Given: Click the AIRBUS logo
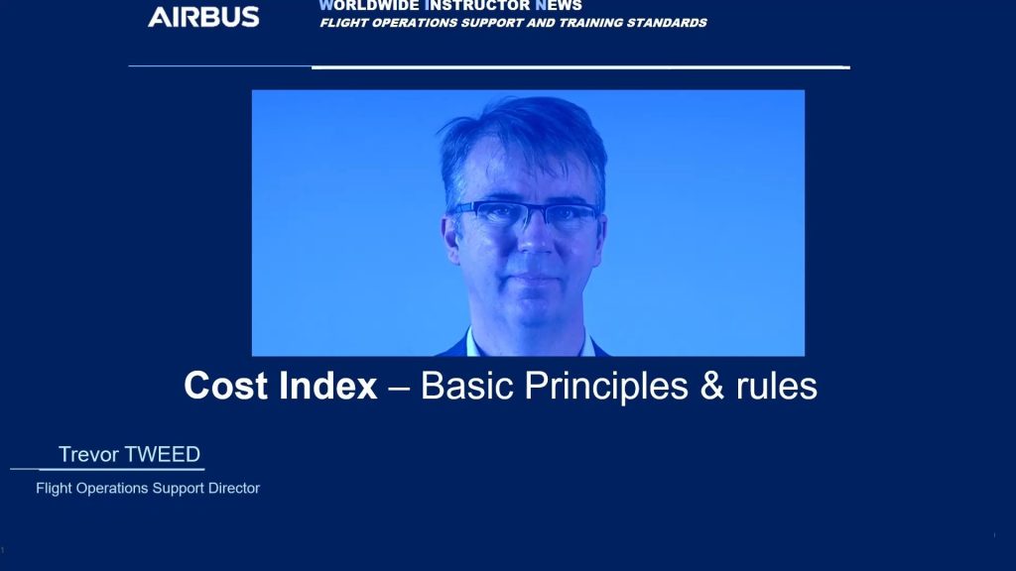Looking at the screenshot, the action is (x=203, y=17).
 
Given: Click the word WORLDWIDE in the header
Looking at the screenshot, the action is (x=369, y=6).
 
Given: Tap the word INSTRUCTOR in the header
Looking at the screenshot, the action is (x=477, y=6).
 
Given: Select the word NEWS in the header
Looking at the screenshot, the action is (x=559, y=6).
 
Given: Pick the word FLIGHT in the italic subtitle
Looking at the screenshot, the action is (x=343, y=23).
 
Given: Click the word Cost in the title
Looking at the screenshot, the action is (x=225, y=386).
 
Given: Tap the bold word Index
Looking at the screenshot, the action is (x=327, y=386).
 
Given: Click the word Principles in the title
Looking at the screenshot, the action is (x=606, y=388).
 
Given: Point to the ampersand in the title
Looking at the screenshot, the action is (x=711, y=386).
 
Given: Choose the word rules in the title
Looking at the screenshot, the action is (x=776, y=386).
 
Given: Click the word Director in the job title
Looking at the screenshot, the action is (x=234, y=488).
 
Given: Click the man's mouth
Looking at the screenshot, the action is (x=535, y=279).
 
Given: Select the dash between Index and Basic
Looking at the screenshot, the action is (x=399, y=389).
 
